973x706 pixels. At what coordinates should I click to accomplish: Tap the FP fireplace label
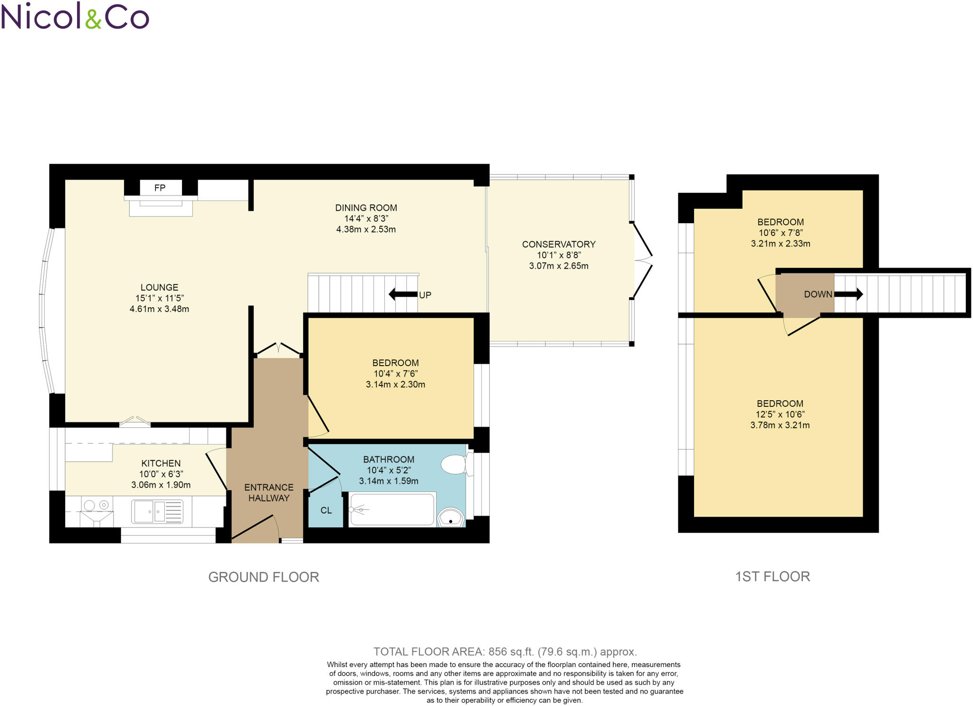[160, 188]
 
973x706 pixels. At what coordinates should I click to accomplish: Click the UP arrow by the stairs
[403, 294]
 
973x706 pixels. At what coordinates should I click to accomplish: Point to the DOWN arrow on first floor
[848, 294]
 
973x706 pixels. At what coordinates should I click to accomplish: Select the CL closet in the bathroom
[326, 510]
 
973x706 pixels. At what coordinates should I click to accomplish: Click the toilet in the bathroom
[455, 464]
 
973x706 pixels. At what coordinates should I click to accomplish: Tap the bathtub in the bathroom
[392, 509]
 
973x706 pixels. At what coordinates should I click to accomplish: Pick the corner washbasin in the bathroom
[450, 518]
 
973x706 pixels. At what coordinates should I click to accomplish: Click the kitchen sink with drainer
[157, 512]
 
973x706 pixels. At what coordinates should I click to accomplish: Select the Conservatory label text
[559, 244]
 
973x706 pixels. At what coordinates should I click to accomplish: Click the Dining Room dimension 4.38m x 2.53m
[366, 229]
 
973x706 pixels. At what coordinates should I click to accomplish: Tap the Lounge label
[159, 287]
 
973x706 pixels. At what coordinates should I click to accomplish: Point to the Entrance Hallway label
[269, 492]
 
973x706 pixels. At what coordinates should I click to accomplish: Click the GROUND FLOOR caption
[264, 577]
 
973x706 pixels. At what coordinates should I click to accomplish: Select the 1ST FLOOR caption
[773, 576]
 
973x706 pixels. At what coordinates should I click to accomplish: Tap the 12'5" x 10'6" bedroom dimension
[780, 414]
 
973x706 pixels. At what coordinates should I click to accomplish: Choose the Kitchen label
[161, 463]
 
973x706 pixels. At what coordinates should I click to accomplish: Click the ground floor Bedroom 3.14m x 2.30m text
[395, 385]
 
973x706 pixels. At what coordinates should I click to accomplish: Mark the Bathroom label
[389, 459]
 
